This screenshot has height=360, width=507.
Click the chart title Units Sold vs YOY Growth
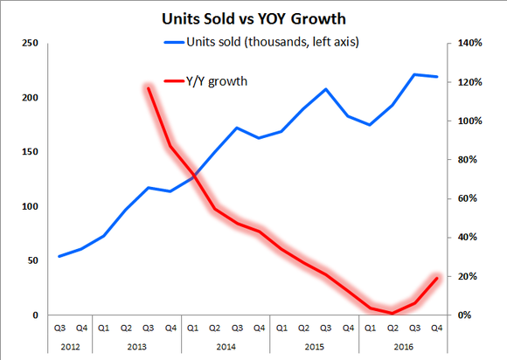coord(253,17)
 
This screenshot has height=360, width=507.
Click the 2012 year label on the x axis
coord(70,345)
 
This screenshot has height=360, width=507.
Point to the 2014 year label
coord(225,345)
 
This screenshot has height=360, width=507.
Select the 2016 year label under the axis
coord(402,345)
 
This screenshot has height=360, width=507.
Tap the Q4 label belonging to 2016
coord(436,329)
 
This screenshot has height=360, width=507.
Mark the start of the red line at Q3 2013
coord(148,87)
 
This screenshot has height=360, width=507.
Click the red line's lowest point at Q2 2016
coord(392,312)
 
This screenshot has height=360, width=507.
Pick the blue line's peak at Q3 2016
coord(414,75)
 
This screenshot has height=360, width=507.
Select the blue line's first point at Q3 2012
coord(59,256)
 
